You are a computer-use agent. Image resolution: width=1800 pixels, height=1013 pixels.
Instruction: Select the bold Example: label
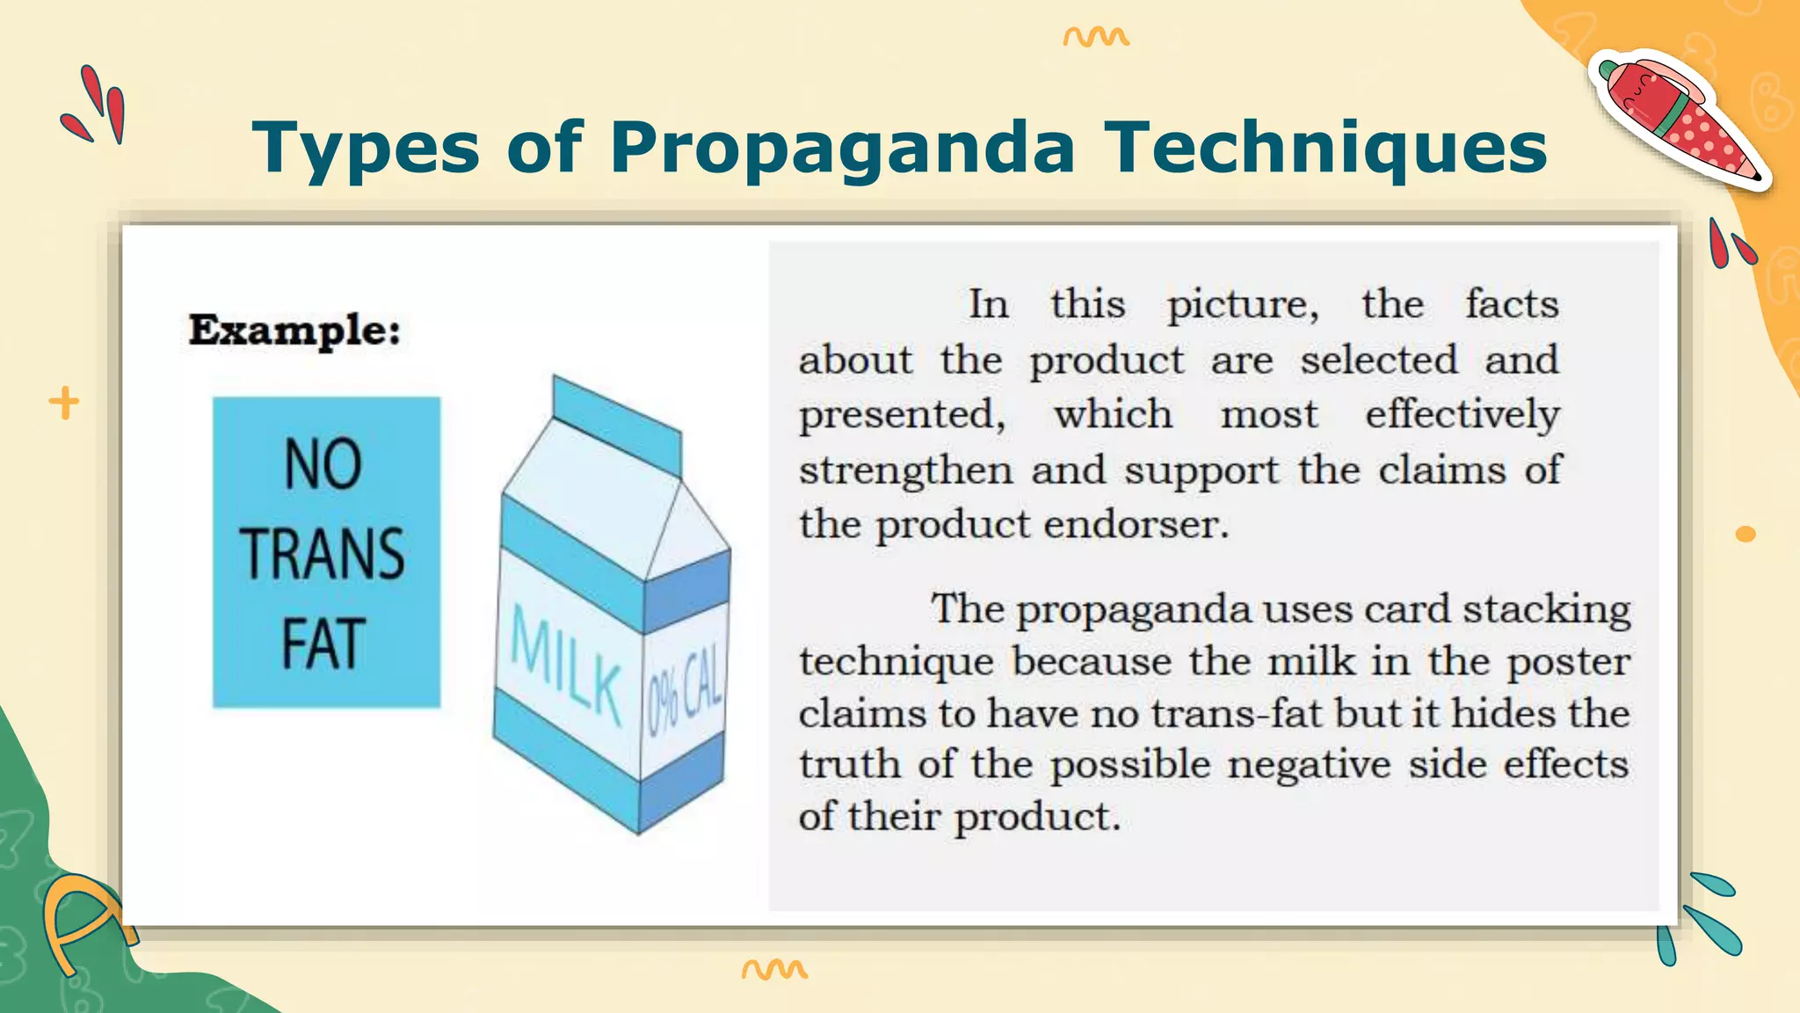[x=294, y=331]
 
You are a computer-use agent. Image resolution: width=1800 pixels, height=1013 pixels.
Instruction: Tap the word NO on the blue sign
[x=323, y=464]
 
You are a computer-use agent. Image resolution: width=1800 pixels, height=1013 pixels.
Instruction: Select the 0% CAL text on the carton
[x=686, y=695]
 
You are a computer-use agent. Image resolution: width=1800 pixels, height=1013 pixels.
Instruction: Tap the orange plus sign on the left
[x=63, y=403]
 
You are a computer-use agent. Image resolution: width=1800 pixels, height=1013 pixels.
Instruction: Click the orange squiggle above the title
[x=1095, y=37]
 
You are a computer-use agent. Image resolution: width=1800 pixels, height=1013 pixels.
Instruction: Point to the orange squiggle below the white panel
[x=774, y=969]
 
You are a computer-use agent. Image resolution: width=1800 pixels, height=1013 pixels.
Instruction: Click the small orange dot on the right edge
[x=1746, y=534]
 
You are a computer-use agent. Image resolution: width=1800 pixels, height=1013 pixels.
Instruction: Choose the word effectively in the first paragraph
[x=1462, y=414]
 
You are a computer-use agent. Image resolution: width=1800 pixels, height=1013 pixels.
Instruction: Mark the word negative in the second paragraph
[x=1309, y=764]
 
